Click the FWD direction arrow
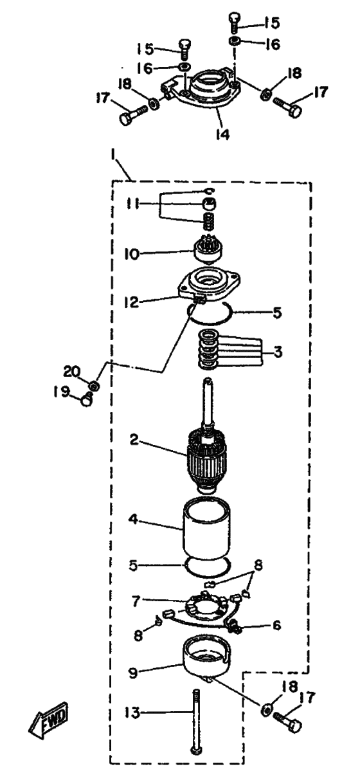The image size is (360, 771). click(49, 720)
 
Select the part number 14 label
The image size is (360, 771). click(223, 134)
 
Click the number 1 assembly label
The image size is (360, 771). click(113, 158)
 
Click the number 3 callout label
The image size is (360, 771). click(278, 352)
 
